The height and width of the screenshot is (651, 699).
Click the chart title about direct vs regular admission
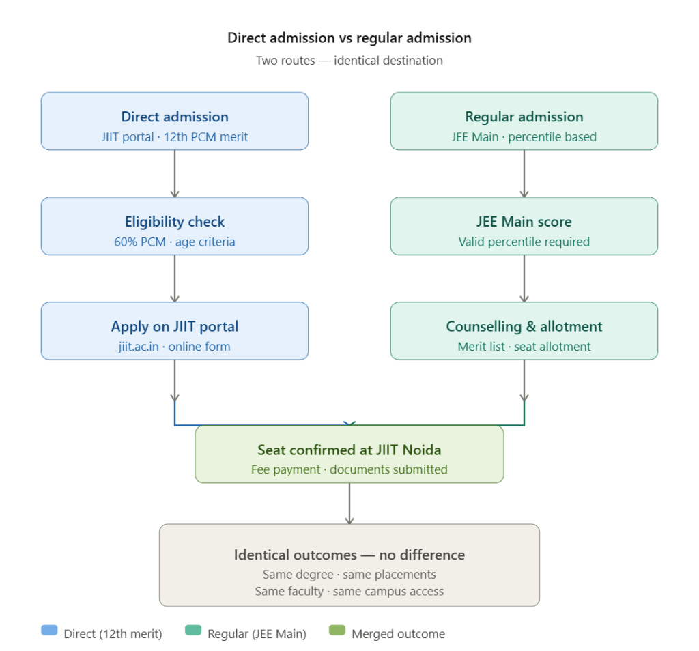(349, 38)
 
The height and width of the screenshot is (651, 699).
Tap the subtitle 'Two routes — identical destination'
(349, 61)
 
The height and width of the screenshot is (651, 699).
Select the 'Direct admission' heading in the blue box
(175, 117)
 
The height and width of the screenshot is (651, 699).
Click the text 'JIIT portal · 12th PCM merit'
(175, 137)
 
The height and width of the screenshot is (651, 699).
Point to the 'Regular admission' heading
(524, 117)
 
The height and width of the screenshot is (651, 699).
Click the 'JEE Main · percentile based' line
(524, 137)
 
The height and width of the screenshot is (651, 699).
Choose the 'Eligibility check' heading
(175, 222)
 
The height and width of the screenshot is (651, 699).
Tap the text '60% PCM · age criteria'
(175, 242)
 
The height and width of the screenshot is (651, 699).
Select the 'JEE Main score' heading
(524, 222)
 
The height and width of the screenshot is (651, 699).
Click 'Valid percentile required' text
(524, 242)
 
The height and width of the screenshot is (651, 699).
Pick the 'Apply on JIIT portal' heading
(175, 327)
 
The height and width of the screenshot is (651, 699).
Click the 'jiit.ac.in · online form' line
(175, 347)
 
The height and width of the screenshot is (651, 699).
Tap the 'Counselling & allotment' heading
(524, 327)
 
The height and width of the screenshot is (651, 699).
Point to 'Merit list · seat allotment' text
(524, 347)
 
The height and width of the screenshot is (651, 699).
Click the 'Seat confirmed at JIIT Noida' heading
(349, 450)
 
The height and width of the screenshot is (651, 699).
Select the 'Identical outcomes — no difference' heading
(349, 555)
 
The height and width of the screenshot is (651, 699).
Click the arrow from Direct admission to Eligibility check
(175, 173)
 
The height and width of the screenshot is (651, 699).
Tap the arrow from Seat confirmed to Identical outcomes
(349, 504)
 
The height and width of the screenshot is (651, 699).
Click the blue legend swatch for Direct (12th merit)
(49, 631)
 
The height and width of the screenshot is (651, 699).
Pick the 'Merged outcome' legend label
(398, 635)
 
